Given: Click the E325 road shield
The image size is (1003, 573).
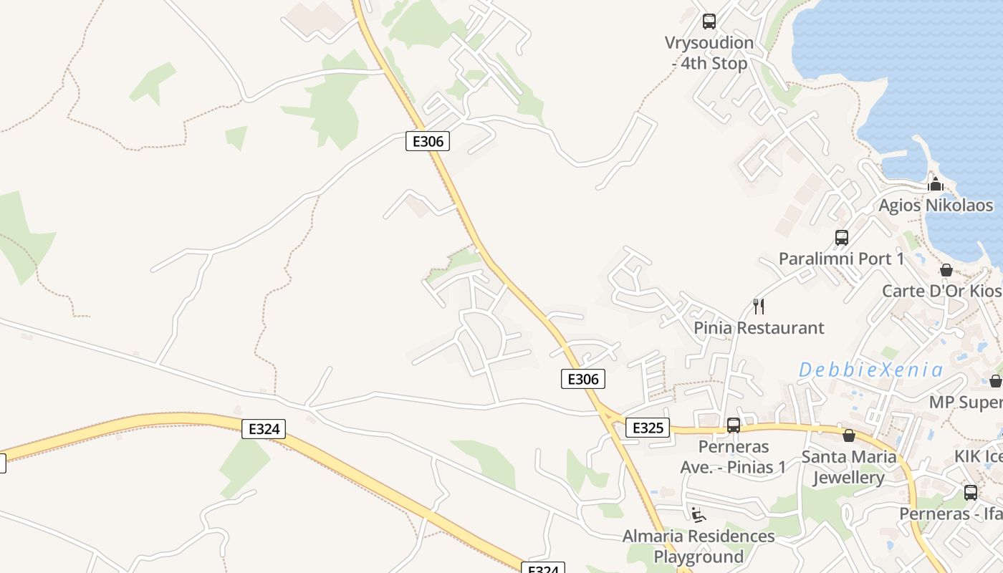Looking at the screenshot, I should click(648, 428).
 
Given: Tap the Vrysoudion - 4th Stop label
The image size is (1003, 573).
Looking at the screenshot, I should click(709, 53).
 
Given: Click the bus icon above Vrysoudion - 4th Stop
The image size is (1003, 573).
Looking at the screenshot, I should click(709, 21).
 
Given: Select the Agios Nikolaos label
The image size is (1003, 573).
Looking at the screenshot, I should click(936, 205).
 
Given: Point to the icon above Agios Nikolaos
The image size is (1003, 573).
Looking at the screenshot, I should click(936, 184).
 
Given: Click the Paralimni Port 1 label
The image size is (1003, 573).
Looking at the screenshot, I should click(841, 259).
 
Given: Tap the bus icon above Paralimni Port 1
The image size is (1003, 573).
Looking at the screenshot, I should click(842, 237).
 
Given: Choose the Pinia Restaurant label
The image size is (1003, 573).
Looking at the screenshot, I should click(759, 328).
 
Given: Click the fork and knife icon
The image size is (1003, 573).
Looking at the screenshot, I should click(759, 307).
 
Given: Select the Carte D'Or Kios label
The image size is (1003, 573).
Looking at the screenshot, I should click(941, 291).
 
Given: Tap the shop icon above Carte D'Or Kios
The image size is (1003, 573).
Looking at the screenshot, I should click(946, 270).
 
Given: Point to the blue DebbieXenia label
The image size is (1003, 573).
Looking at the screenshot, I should click(871, 370).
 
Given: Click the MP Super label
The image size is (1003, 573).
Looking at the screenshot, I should click(966, 402).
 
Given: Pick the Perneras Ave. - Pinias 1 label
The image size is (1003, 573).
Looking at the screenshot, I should click(733, 457).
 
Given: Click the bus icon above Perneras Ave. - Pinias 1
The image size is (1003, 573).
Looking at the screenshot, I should click(734, 425).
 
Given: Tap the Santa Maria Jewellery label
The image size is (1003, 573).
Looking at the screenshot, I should click(849, 467).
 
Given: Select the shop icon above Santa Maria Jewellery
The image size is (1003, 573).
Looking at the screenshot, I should click(849, 435).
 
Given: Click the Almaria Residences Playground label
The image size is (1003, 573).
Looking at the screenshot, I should click(699, 546).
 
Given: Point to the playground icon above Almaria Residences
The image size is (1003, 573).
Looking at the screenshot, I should click(698, 514).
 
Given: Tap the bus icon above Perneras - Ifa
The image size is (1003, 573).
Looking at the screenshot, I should click(971, 493).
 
